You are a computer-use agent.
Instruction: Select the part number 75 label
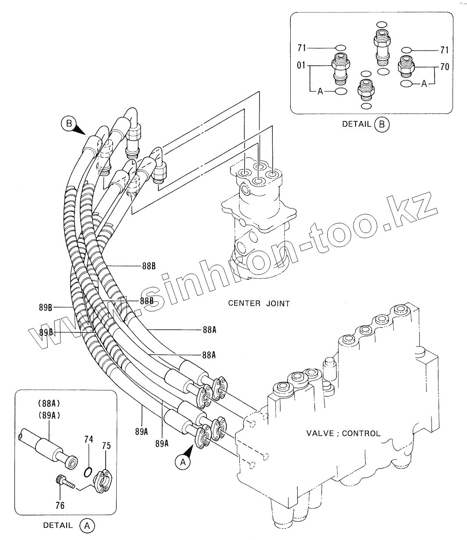106,446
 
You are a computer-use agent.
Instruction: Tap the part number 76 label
60,505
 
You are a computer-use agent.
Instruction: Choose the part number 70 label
444,67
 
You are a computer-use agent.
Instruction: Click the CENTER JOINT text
259,303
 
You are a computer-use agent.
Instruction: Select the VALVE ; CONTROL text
343,434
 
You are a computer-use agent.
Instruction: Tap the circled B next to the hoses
68,124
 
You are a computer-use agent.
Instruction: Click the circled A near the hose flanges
182,461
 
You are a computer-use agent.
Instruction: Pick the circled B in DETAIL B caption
381,124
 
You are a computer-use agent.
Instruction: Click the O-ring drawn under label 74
88,471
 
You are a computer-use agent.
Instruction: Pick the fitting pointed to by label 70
405,67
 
